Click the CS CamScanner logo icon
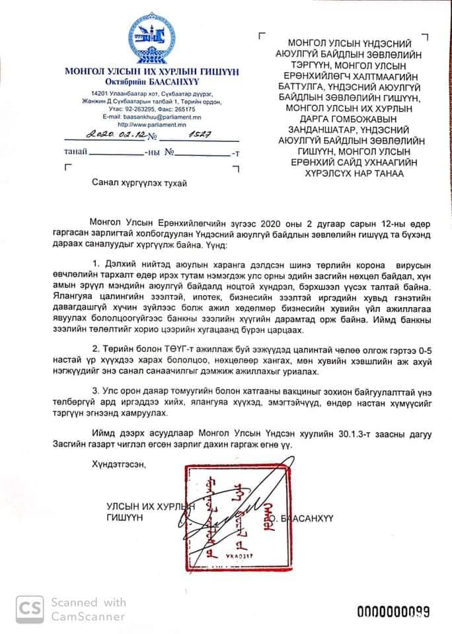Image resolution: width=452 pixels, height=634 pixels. [x=26, y=609]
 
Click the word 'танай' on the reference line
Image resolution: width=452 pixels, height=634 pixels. [x=74, y=153]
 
